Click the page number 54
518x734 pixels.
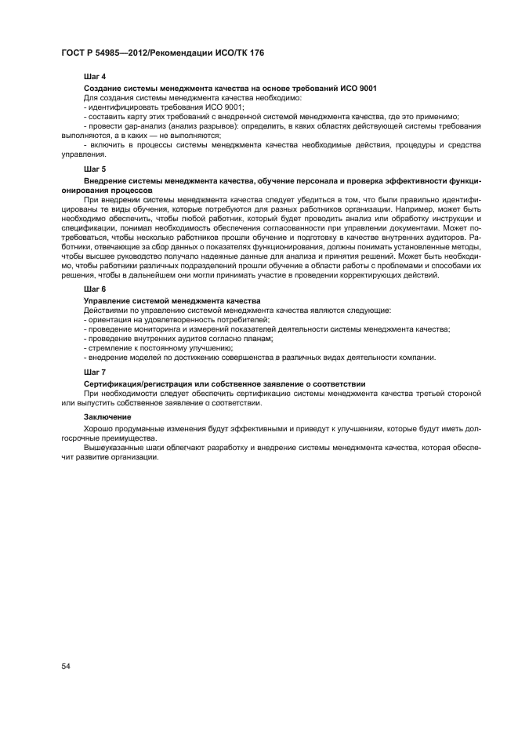point(66,666)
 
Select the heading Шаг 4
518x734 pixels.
point(95,78)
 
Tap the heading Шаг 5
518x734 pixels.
point(95,169)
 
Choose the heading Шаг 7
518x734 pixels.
point(95,371)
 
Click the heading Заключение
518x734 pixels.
point(107,416)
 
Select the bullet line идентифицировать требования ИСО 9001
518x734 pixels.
point(165,107)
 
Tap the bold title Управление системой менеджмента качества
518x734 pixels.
point(172,301)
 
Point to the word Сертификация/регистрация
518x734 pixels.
point(129,383)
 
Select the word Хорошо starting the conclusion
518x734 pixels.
point(99,429)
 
